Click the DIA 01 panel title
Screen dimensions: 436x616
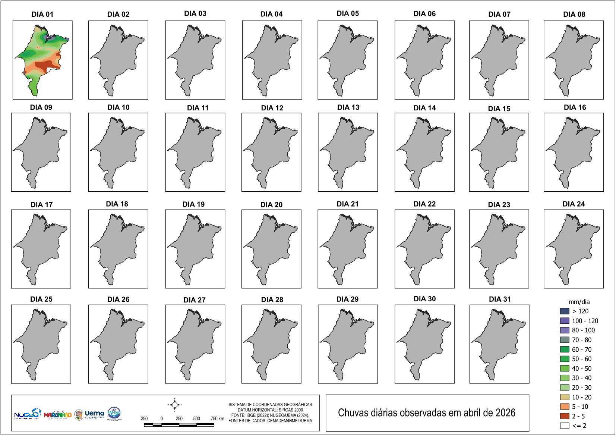(x=42, y=14)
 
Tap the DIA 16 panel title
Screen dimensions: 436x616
(x=575, y=107)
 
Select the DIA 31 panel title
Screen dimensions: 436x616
(x=500, y=299)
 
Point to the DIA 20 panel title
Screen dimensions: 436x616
(x=271, y=205)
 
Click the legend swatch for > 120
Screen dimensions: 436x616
(x=565, y=311)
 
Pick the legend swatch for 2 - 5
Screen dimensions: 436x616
(x=565, y=416)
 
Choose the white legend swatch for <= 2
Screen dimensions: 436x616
(x=565, y=426)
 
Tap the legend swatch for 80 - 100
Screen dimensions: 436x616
(x=565, y=330)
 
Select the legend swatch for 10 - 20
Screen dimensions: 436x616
(x=565, y=397)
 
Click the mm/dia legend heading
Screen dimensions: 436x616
(x=579, y=302)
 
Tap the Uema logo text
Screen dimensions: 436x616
(x=94, y=413)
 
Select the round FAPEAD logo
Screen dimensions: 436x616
(x=114, y=413)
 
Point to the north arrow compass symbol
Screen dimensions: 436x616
(x=174, y=405)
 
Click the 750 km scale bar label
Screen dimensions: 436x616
(x=217, y=418)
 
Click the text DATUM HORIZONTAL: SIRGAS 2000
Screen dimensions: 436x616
(x=270, y=410)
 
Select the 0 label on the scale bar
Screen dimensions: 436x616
(x=162, y=418)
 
